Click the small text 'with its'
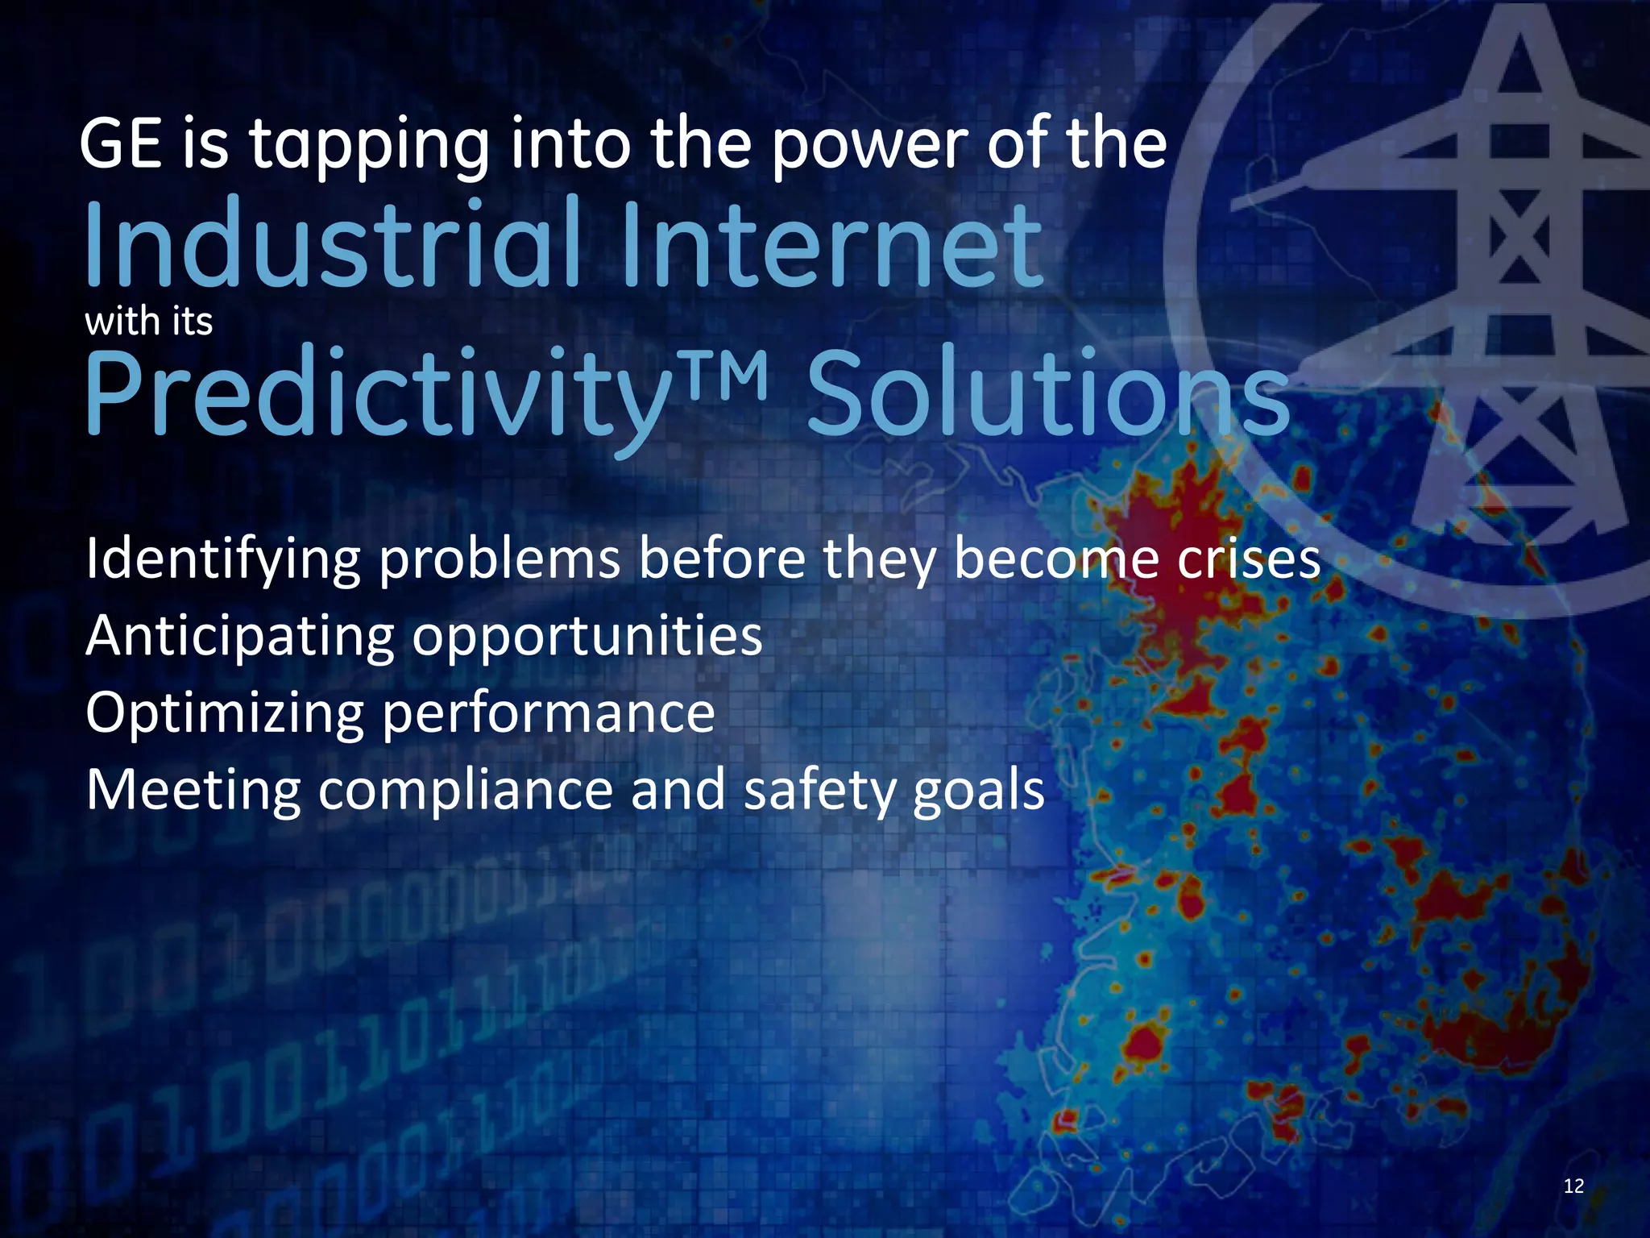point(148,322)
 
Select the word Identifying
point(222,559)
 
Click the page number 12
point(1573,1186)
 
